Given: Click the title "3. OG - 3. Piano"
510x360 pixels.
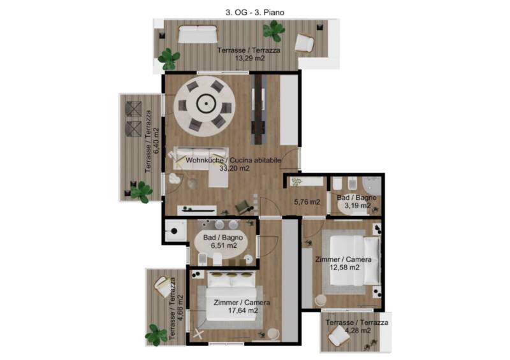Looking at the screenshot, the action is tap(255, 12).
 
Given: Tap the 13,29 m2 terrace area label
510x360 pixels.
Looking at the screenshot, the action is tap(249, 59).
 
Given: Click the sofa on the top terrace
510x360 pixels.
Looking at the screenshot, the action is tap(198, 34).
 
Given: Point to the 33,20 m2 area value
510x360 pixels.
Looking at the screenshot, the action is tap(234, 168).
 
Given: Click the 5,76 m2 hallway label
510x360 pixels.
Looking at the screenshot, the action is tap(307, 202).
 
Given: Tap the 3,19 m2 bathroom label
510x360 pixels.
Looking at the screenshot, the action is tap(358, 206).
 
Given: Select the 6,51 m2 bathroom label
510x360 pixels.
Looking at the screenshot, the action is tap(224, 245).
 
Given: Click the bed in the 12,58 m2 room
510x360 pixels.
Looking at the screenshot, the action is tap(355, 261).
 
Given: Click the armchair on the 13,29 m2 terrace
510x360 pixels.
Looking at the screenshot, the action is tap(304, 43).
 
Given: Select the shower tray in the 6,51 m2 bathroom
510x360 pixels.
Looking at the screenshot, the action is tap(175, 230).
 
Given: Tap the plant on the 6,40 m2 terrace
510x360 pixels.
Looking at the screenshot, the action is tap(141, 192).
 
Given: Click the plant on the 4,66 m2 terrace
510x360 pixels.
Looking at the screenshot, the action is tap(156, 335).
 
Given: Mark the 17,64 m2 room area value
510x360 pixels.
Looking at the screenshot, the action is tap(243, 310).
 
